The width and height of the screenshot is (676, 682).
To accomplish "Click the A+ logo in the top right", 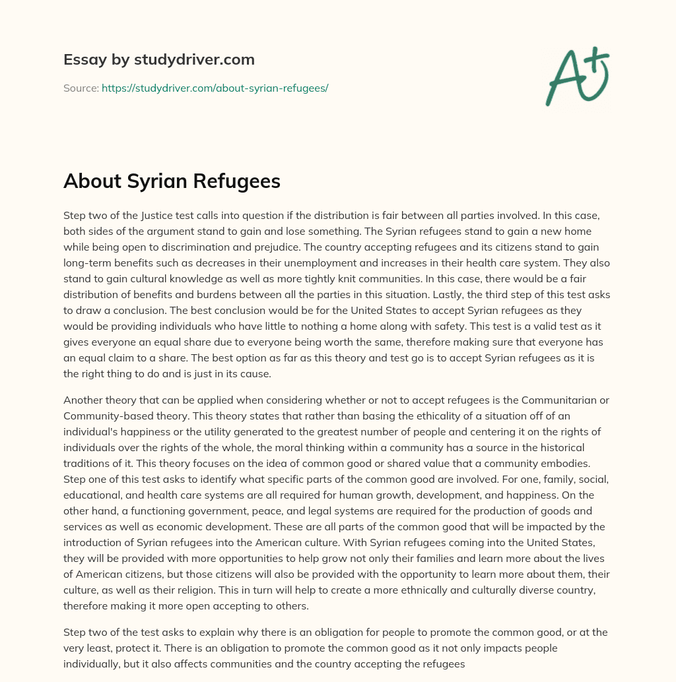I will [576, 75].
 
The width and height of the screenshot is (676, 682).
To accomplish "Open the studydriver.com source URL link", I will [215, 88].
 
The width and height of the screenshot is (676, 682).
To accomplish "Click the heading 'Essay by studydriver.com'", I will [158, 59].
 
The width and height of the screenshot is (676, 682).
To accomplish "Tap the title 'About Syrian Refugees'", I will [172, 181].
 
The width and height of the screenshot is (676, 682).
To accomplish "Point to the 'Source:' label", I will [81, 88].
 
